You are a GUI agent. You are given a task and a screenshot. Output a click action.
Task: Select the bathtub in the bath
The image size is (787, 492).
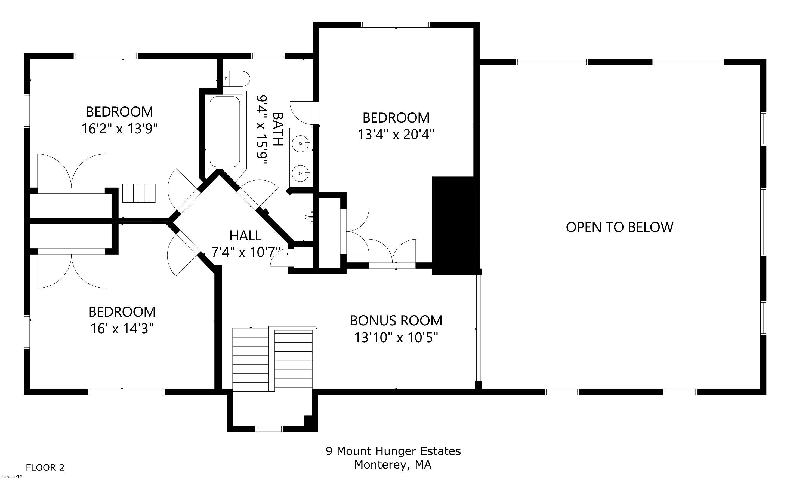point(225,132)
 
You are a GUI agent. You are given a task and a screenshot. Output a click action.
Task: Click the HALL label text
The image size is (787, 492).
point(245,236)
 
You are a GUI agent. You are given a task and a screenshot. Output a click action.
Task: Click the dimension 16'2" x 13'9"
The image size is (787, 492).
point(119,129)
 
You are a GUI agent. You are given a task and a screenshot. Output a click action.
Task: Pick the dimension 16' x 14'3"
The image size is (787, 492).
point(122,329)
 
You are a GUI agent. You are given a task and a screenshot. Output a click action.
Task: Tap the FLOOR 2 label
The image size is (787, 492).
point(45,467)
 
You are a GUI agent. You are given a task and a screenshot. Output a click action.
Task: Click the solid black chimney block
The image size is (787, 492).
point(454,225)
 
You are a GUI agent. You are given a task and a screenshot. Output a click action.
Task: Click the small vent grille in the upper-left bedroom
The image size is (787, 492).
point(139,193)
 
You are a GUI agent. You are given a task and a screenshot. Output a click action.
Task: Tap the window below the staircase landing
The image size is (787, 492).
point(269,429)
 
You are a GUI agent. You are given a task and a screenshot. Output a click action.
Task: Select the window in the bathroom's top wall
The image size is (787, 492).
point(268,56)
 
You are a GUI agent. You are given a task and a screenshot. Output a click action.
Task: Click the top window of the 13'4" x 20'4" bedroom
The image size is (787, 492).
point(396,25)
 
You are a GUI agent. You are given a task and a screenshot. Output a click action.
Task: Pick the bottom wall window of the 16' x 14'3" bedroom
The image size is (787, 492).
point(127,392)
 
